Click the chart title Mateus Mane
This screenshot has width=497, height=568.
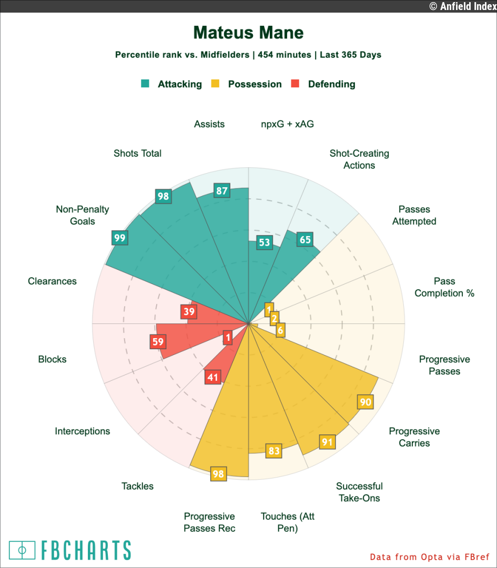pos(248,33)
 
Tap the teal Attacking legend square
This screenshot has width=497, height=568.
pos(145,84)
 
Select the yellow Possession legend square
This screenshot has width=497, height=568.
pos(215,84)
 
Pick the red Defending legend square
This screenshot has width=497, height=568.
pos(295,84)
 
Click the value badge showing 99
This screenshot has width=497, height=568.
pos(119,238)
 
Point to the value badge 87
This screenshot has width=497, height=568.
pos(221,191)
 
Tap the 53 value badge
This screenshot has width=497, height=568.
pos(264,242)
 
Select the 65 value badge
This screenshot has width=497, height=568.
pos(305,240)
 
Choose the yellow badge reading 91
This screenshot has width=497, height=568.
pos(327,442)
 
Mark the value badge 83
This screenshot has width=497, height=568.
pos(273,451)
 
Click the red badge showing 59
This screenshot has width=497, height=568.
pos(158,342)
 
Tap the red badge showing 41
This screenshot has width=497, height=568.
pos(212,377)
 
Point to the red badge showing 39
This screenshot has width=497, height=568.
pos(188,311)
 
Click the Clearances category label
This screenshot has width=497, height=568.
pos(52,281)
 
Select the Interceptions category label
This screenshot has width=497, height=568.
pos(83,431)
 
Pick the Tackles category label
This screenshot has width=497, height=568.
pos(137,486)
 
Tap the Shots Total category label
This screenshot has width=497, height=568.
pos(137,154)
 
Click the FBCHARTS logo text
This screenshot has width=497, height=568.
pos(85,550)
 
